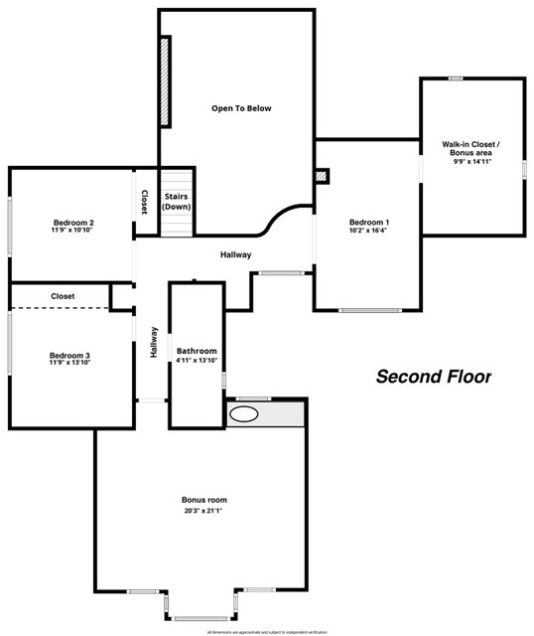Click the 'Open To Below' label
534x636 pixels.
tap(240, 108)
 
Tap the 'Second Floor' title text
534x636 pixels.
tap(433, 377)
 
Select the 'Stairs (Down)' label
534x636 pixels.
tap(176, 202)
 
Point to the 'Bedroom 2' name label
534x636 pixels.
tap(73, 222)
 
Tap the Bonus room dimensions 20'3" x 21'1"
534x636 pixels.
tap(203, 511)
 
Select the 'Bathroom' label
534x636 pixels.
tap(197, 351)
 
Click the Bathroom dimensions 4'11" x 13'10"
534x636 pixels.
tap(197, 361)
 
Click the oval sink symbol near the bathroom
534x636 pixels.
tap(245, 414)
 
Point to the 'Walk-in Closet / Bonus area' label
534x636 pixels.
tap(471, 149)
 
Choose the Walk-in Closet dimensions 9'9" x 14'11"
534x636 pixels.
tap(471, 162)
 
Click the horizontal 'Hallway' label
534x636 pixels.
tap(235, 255)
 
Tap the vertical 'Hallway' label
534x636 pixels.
tap(154, 343)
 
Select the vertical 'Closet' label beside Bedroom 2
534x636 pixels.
tap(144, 202)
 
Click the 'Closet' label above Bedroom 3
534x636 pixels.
tap(63, 296)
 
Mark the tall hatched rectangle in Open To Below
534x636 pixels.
tap(166, 80)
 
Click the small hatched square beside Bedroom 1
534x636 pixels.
tap(322, 176)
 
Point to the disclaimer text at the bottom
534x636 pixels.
tap(266, 631)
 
